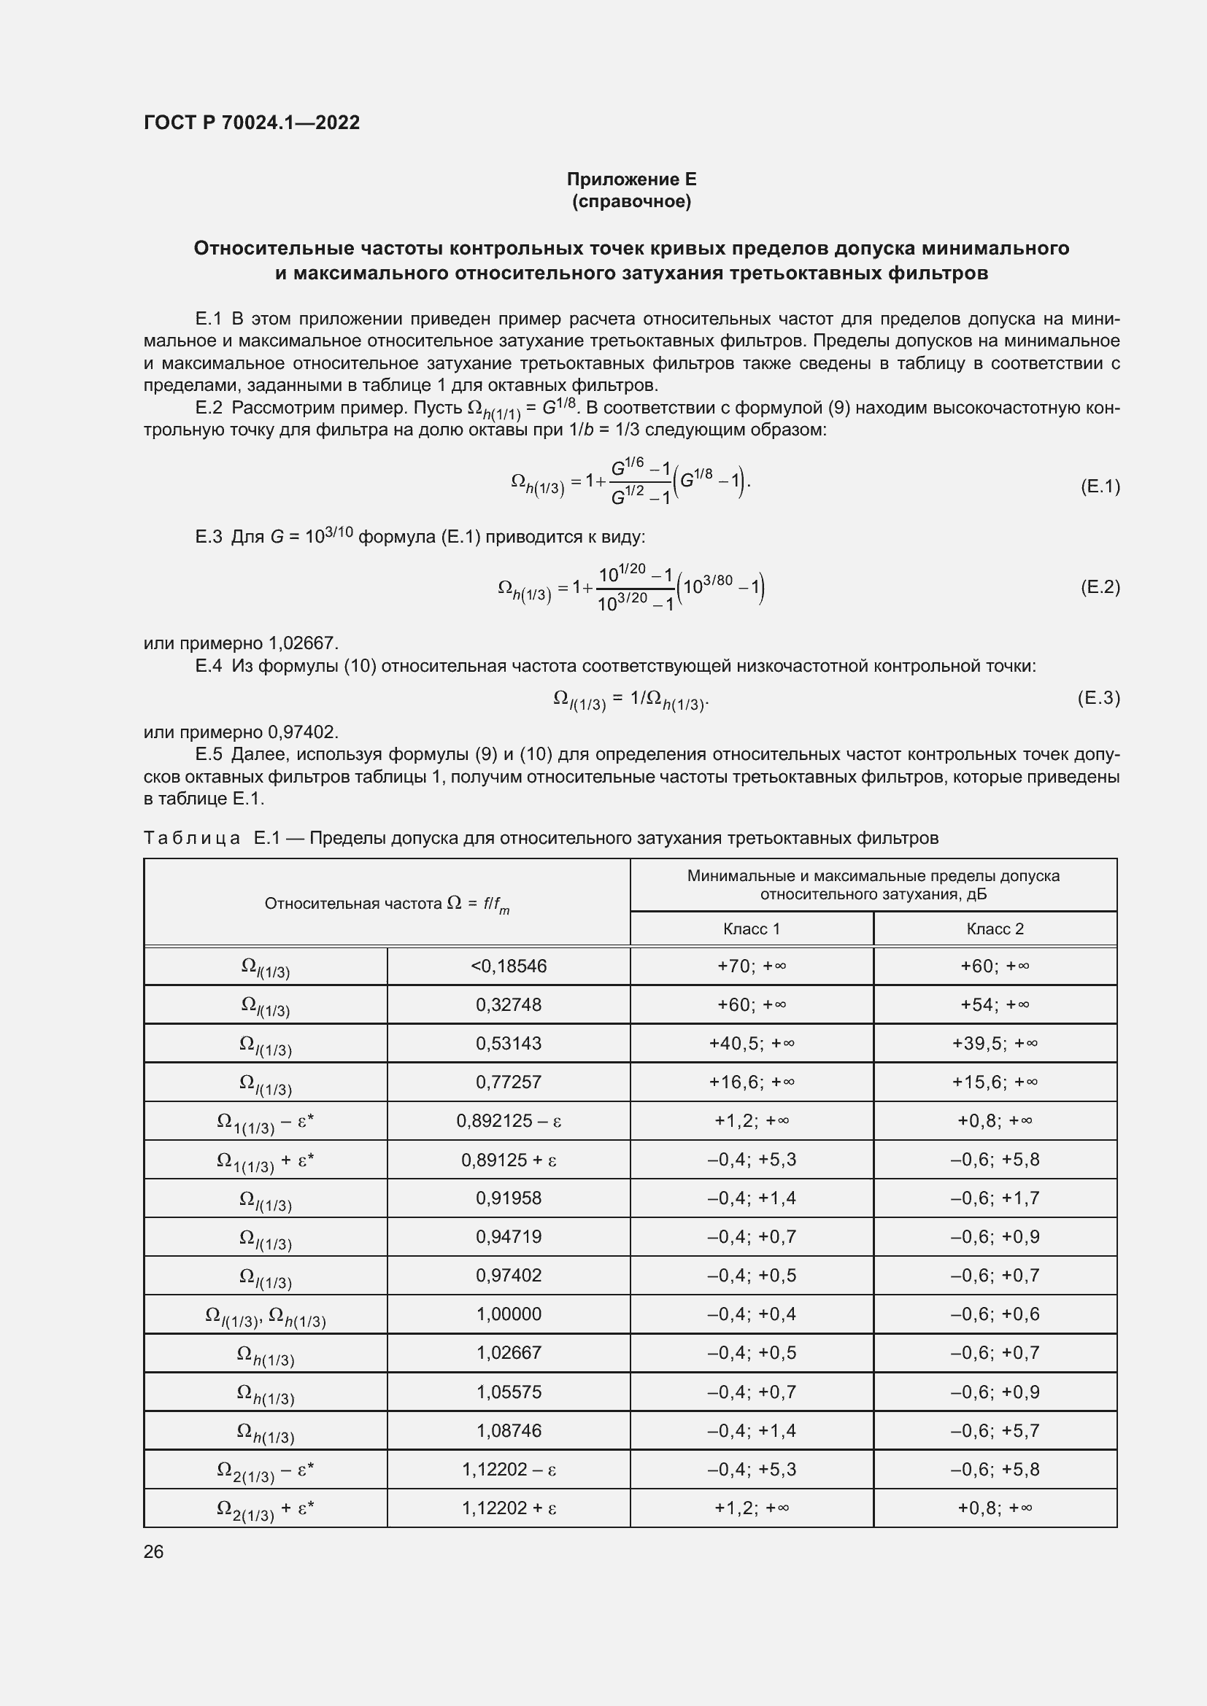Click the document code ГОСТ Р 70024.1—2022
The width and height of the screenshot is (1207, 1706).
pos(251,123)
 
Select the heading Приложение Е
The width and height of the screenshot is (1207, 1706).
pos(631,179)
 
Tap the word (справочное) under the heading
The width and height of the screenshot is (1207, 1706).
pos(631,201)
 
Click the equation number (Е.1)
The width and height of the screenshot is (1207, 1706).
pos(1099,486)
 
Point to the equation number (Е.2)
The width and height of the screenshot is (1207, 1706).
pos(1099,587)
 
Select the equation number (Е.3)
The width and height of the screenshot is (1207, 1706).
pos(1098,698)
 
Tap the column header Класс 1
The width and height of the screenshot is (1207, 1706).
pos(752,928)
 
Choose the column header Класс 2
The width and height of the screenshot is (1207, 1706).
pos(995,928)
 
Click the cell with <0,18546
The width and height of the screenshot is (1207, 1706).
pos(509,966)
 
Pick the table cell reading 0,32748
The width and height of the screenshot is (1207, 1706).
pos(509,1004)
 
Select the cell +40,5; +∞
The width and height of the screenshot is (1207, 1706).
pos(752,1043)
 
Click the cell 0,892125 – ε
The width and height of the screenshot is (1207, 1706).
pos(509,1120)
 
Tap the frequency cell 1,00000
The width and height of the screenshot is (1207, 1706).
pos(509,1314)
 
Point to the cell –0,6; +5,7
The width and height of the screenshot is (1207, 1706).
pos(995,1430)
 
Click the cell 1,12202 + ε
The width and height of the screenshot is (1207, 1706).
pos(509,1508)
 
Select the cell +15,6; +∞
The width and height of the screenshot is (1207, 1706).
pos(995,1082)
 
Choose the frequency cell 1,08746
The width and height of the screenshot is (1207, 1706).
pos(509,1430)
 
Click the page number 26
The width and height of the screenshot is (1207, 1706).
pos(154,1551)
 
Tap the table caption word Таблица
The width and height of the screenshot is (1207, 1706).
pos(192,838)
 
